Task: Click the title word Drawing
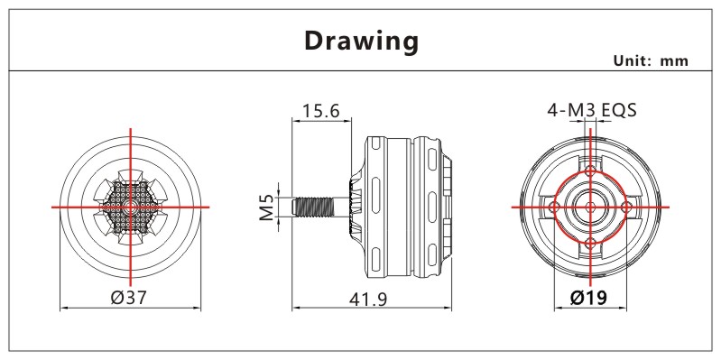click(362, 42)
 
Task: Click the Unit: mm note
click(652, 60)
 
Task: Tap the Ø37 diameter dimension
click(129, 298)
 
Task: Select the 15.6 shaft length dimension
click(321, 111)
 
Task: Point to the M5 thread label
click(267, 207)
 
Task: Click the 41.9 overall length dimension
click(368, 300)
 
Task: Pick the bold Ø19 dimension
click(588, 298)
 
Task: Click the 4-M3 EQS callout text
click(592, 110)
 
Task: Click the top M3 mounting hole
click(590, 172)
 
